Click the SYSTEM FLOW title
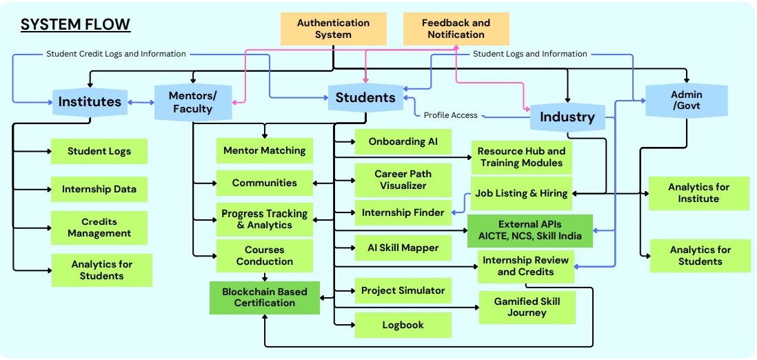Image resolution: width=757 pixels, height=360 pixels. pos(75,25)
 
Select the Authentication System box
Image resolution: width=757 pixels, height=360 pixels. pos(333,29)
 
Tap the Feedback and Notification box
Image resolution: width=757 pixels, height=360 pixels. pos(456,29)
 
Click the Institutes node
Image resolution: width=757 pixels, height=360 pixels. pos(90,102)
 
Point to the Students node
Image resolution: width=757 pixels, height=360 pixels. pos(365,98)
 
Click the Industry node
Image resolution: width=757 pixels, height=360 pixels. pos(567,117)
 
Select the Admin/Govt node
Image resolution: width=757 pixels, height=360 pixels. pos(687,100)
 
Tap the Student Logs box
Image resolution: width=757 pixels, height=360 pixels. pos(99,152)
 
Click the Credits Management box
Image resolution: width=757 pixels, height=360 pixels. pos(99,228)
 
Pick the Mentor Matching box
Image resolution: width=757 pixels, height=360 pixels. pos(265,150)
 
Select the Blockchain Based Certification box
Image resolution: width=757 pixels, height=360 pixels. pos(265,297)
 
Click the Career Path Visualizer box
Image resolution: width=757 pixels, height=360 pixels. pos(403,180)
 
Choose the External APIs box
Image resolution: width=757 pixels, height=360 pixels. pos(529,230)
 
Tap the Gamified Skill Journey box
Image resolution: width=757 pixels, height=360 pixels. pos(527,307)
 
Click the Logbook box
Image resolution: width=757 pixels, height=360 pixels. pos(403,325)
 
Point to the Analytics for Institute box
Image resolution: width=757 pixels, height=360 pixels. pos(698,193)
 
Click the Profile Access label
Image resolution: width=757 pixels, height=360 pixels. pos(450,115)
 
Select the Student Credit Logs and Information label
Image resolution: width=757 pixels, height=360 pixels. pos(116,54)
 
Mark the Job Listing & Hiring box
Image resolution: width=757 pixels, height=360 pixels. pos(521,193)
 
